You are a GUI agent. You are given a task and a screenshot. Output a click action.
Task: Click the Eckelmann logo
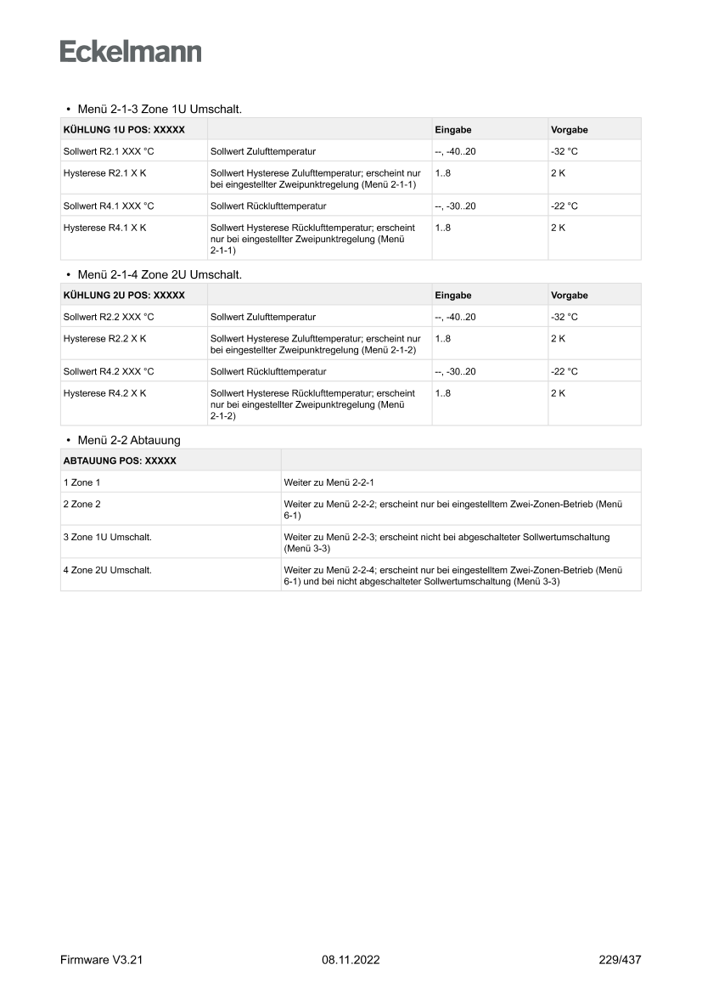(131, 52)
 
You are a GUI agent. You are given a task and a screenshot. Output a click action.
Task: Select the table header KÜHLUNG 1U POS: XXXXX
(124, 130)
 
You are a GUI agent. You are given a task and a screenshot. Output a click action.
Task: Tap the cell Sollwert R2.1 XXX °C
(109, 151)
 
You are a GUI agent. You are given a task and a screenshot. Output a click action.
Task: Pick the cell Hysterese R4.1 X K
(105, 228)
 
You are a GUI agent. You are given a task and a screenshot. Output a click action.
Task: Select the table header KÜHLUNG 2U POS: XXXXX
(124, 296)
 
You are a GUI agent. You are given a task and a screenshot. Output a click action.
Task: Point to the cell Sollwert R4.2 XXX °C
(109, 371)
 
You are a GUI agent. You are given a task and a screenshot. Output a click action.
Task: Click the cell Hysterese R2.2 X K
(105, 338)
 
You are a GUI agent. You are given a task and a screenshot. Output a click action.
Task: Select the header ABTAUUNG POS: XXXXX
(120, 461)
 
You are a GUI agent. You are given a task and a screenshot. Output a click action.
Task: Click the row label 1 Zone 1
(81, 482)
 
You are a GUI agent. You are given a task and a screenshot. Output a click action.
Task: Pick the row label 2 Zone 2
(81, 504)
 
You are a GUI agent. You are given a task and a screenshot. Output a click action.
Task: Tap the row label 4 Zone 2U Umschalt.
(108, 570)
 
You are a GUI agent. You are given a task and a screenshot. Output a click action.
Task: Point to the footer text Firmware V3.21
(101, 960)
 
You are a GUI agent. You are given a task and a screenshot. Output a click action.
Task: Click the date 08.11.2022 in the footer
(351, 960)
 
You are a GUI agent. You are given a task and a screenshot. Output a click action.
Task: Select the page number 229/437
(620, 960)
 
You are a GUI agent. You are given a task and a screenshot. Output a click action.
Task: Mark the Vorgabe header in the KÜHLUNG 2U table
(570, 296)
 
